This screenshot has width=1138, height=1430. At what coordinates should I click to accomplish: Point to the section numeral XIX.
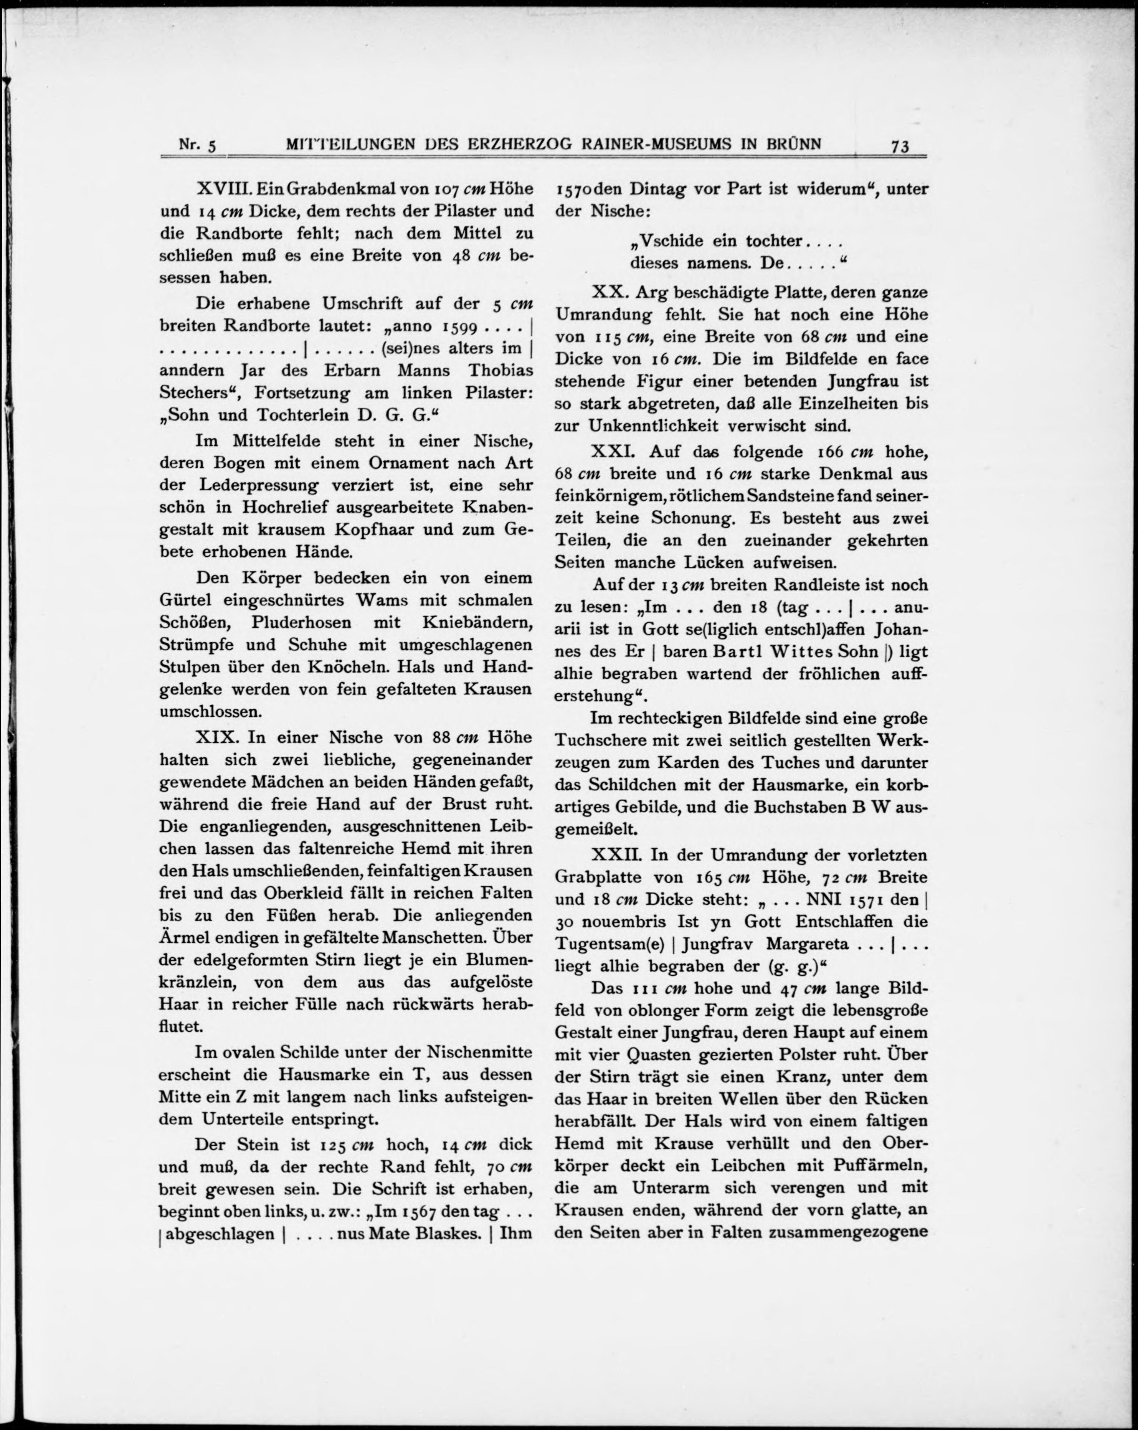click(213, 737)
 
